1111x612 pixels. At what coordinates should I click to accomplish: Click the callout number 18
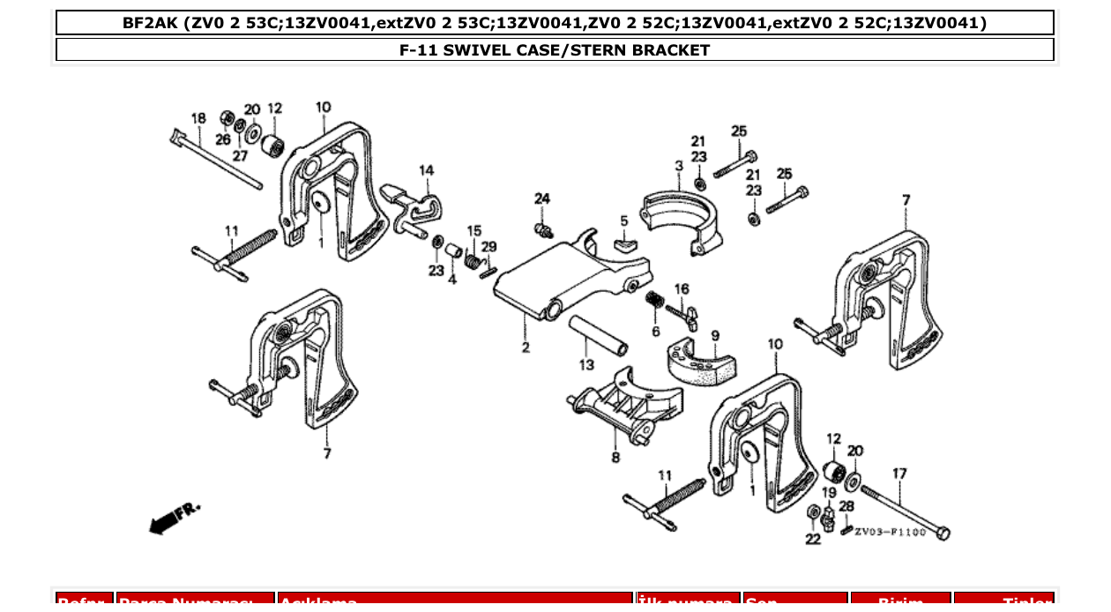[198, 118]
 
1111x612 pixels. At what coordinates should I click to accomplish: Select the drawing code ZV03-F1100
[890, 533]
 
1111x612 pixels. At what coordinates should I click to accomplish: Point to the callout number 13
[586, 364]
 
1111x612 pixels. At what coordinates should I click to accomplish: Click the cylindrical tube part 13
[596, 332]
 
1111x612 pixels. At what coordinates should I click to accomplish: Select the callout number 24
[541, 198]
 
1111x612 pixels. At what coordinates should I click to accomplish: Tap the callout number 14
[426, 169]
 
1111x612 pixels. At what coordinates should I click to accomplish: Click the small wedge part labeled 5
[624, 240]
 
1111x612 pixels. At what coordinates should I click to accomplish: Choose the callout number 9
[714, 335]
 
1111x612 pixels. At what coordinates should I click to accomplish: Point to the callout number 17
[898, 474]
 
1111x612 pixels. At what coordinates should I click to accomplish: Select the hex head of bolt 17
[942, 533]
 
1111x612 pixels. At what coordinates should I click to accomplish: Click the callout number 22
[812, 539]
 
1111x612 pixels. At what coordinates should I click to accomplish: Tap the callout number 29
[488, 246]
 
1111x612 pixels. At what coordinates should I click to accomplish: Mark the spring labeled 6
[654, 301]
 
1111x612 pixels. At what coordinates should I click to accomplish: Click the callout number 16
[681, 288]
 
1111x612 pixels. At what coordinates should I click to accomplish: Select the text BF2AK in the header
[150, 23]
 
